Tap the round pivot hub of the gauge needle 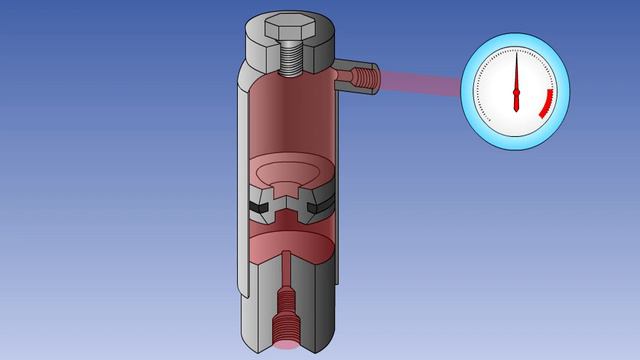click(517, 97)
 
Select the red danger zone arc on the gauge click(546, 103)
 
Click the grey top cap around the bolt click(320, 50)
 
